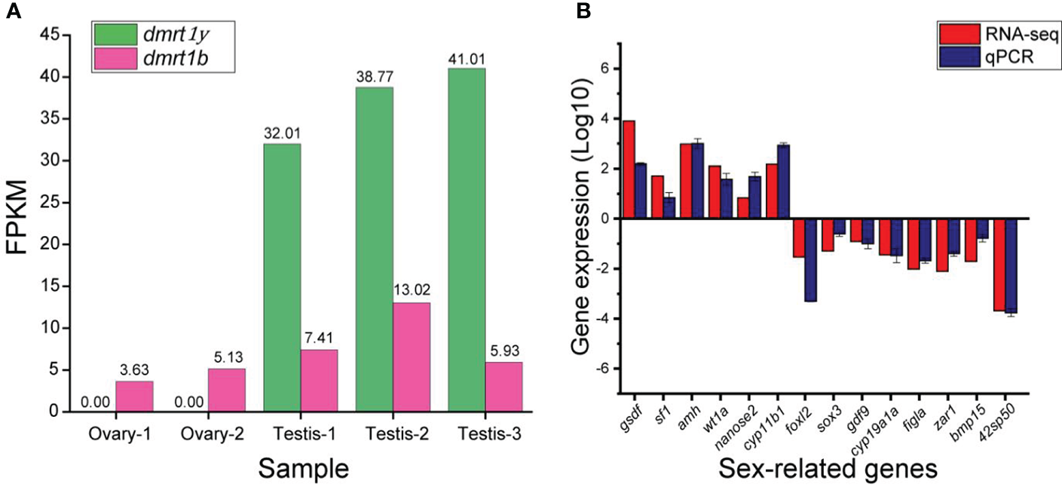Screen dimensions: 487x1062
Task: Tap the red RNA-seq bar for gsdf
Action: tap(629, 170)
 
